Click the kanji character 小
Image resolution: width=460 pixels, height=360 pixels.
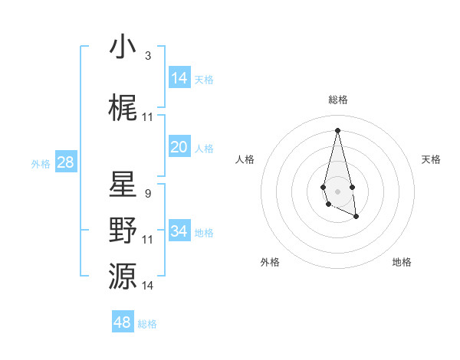(x=123, y=47)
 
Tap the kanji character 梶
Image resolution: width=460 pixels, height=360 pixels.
(x=123, y=109)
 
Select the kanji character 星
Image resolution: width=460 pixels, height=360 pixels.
(x=123, y=185)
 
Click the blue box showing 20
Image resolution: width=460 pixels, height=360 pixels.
(x=179, y=148)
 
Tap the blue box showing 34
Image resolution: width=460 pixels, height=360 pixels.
(x=179, y=232)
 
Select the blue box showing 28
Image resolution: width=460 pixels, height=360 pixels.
(x=65, y=162)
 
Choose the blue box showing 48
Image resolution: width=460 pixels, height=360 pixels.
(x=123, y=322)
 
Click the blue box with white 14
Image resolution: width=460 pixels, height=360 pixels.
(x=179, y=78)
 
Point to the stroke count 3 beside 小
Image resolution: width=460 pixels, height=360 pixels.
(x=147, y=56)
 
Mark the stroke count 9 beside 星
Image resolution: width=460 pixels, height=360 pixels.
(x=147, y=194)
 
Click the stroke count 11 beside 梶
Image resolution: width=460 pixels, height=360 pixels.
(x=147, y=117)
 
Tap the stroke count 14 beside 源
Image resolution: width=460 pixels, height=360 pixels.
(x=147, y=286)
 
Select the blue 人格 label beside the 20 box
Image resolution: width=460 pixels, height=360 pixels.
(x=204, y=149)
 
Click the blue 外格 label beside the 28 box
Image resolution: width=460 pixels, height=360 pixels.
(x=41, y=163)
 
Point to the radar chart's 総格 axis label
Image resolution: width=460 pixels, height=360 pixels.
(x=337, y=100)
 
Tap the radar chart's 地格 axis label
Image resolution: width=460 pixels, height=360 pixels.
(x=402, y=262)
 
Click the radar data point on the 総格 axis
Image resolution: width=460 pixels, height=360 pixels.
(x=337, y=129)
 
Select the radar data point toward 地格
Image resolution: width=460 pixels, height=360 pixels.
(x=356, y=217)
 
